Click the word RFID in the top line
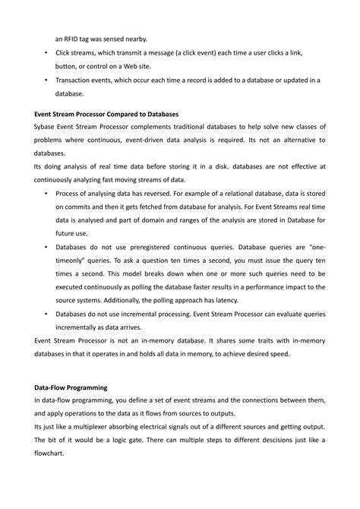click(x=74, y=37)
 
